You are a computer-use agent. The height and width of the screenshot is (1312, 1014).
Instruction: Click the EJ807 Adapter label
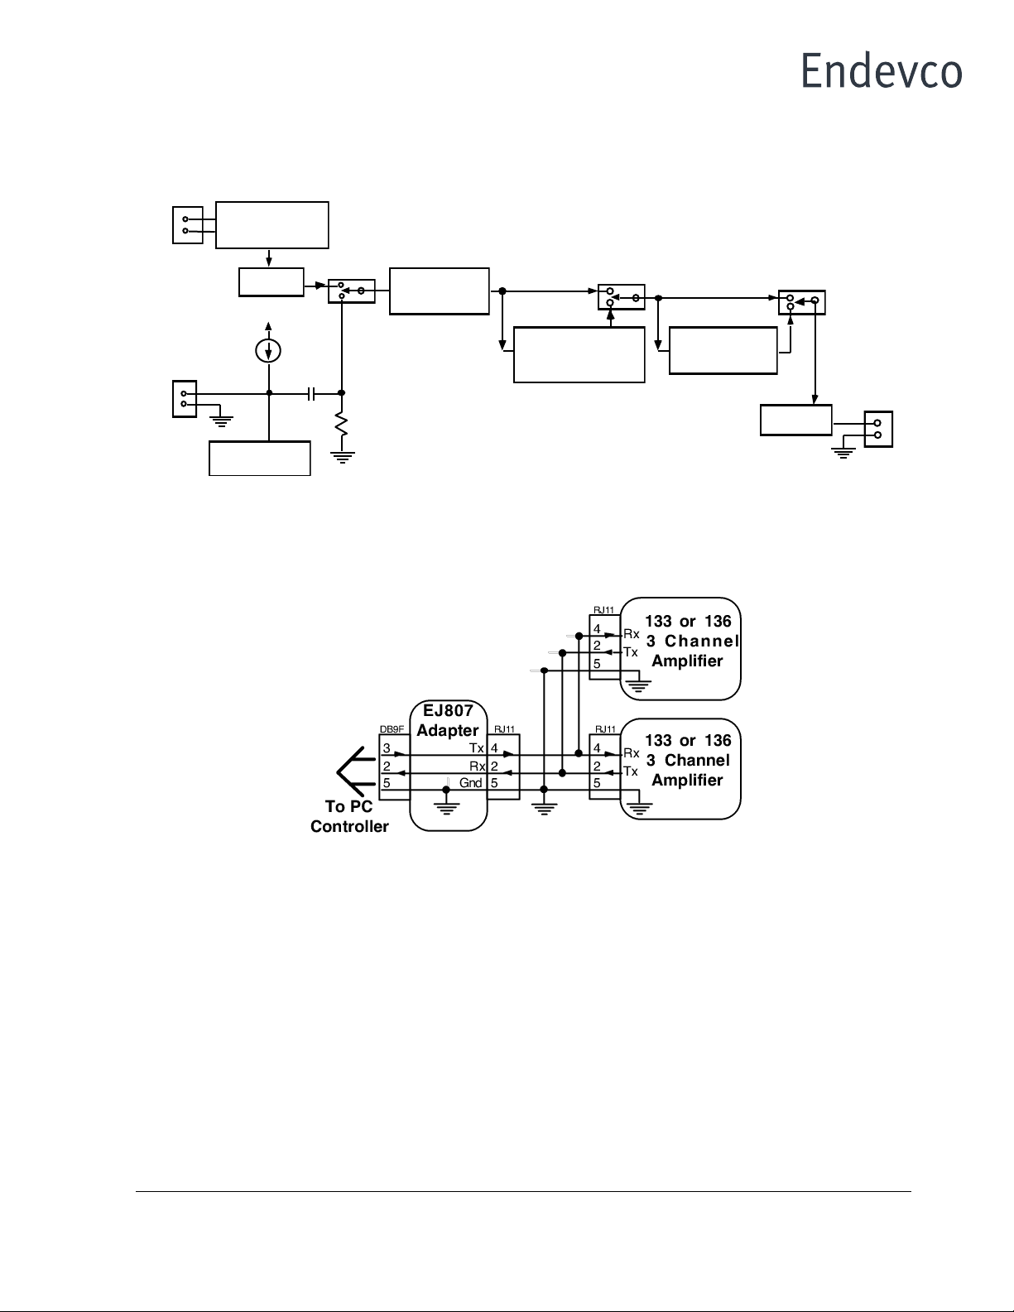(448, 720)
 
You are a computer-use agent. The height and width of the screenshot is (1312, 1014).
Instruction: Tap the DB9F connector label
(391, 729)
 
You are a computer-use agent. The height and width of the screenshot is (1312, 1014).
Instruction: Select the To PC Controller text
(349, 816)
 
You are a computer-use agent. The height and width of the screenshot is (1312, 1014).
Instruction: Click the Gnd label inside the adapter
(470, 783)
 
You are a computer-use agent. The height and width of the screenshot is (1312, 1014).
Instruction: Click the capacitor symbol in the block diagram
(310, 393)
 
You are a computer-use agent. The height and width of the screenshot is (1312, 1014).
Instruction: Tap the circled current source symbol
(267, 351)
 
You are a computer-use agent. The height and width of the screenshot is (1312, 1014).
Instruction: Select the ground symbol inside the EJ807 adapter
(447, 805)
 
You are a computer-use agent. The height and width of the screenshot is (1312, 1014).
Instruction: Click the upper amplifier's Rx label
(632, 634)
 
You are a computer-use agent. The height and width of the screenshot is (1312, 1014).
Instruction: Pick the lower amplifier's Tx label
(631, 771)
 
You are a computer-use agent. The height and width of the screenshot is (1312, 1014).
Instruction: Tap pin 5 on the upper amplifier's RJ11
(597, 664)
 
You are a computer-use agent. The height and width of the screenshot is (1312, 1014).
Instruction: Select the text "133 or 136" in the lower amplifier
(688, 741)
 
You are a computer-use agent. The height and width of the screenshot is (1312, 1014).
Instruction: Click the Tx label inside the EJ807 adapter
(476, 749)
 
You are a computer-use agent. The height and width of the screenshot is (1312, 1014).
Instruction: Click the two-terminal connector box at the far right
(878, 429)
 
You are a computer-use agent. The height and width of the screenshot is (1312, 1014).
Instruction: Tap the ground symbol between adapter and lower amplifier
(543, 806)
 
